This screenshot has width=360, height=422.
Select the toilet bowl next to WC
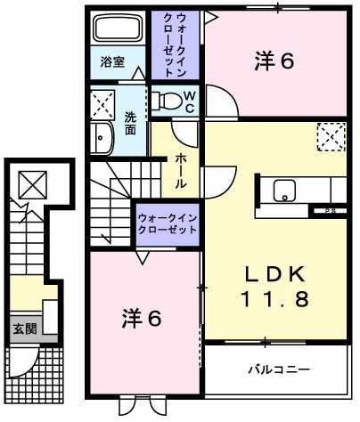click(x=165, y=99)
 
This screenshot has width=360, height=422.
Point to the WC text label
click(x=190, y=100)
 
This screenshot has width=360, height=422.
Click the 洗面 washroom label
click(x=130, y=122)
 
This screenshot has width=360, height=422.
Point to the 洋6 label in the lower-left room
click(x=142, y=317)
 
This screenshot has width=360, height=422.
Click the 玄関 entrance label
click(x=24, y=328)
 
